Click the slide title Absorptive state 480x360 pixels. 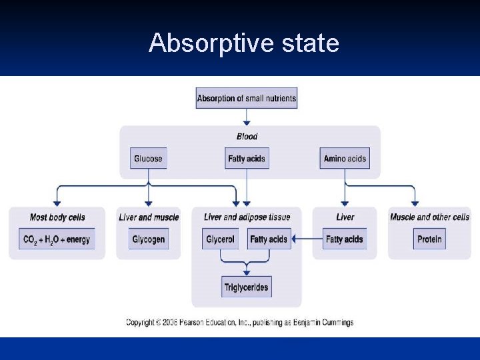click(243, 44)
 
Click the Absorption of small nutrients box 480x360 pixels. click(247, 99)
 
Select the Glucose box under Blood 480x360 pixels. click(148, 159)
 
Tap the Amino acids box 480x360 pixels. click(345, 159)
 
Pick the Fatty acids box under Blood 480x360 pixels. click(247, 159)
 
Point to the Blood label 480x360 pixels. click(247, 137)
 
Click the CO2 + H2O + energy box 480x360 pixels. click(57, 239)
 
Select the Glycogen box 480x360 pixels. click(148, 239)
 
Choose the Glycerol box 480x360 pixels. click(220, 239)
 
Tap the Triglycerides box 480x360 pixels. click(247, 287)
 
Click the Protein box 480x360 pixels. click(429, 239)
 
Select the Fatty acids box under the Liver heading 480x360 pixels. click(344, 239)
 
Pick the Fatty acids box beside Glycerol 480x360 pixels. click(269, 239)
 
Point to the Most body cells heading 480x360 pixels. click(57, 217)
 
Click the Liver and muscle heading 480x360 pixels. click(149, 217)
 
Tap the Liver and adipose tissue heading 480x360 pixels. click(247, 217)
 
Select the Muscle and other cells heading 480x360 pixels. click(429, 217)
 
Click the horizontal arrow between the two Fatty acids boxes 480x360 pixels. click(307, 239)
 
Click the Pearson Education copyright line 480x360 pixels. click(240, 323)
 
